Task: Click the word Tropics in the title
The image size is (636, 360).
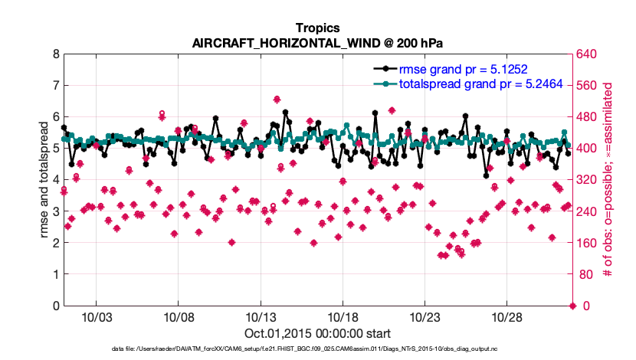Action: [x=317, y=28]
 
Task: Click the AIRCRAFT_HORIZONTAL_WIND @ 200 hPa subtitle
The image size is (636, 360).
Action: [x=317, y=43]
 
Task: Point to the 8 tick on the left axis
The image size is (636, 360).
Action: [x=55, y=54]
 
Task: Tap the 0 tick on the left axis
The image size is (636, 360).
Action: [x=55, y=306]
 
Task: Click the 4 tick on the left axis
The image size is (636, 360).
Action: [x=55, y=180]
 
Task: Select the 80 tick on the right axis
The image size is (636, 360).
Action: [x=587, y=274]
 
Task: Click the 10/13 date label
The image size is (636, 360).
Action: [x=260, y=317]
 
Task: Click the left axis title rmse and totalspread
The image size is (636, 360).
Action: [x=44, y=181]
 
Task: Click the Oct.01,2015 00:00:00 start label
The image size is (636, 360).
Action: [x=317, y=333]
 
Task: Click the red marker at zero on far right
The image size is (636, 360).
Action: [x=572, y=306]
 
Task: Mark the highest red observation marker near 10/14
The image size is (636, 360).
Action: [x=277, y=99]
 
